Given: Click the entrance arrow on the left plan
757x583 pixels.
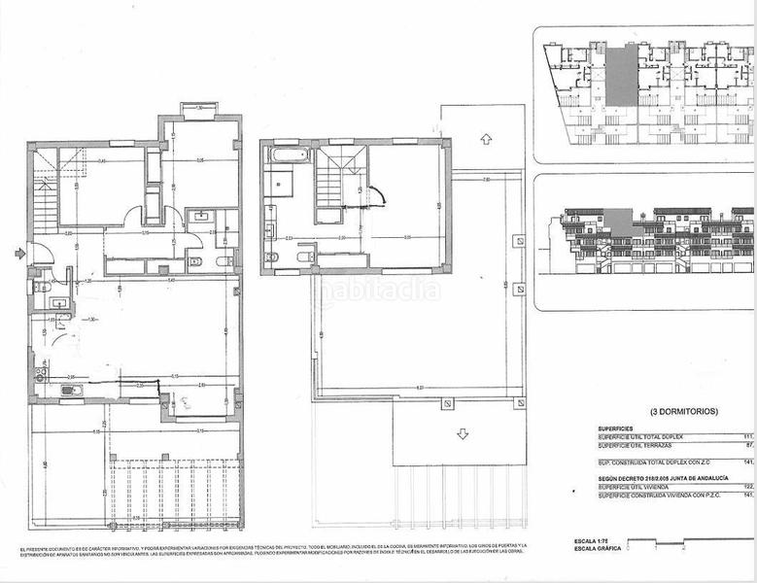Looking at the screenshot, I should point(20,255).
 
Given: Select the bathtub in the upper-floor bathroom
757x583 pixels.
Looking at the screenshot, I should point(287,155).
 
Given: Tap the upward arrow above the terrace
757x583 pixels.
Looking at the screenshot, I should point(485,140).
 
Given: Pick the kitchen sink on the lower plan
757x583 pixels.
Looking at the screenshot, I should point(71,391).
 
